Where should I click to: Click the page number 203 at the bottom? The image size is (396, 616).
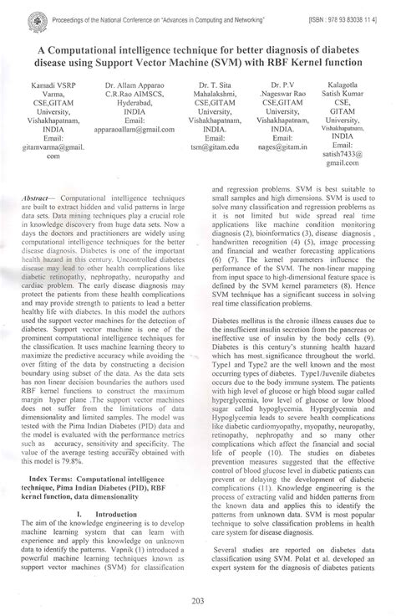tap(198, 598)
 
